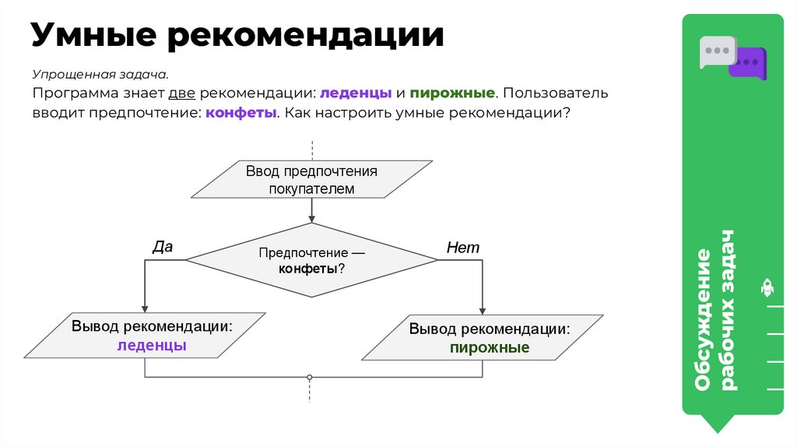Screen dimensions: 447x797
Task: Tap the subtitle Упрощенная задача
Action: [x=100, y=75]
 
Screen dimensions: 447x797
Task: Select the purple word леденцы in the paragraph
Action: [x=356, y=93]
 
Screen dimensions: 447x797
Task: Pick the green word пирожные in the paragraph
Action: [x=452, y=93]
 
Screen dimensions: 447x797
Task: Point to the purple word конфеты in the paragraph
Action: [x=242, y=112]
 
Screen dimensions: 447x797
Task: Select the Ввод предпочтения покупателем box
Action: [x=311, y=178]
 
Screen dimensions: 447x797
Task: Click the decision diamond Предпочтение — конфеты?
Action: [x=311, y=260]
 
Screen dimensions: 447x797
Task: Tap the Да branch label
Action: [x=162, y=247]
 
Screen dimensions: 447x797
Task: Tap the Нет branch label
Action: [x=463, y=248]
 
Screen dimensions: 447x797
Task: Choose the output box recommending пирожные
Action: [x=482, y=338]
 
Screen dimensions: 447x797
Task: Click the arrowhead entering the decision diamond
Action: [x=311, y=219]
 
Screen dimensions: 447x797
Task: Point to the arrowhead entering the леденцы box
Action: [x=145, y=308]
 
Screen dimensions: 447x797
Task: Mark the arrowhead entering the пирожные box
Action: [x=482, y=311]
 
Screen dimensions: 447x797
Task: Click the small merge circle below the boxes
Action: [x=311, y=377]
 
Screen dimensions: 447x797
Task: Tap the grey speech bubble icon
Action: [x=715, y=51]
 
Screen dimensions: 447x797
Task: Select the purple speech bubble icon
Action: [x=748, y=62]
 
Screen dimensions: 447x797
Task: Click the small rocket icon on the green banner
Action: [x=767, y=288]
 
